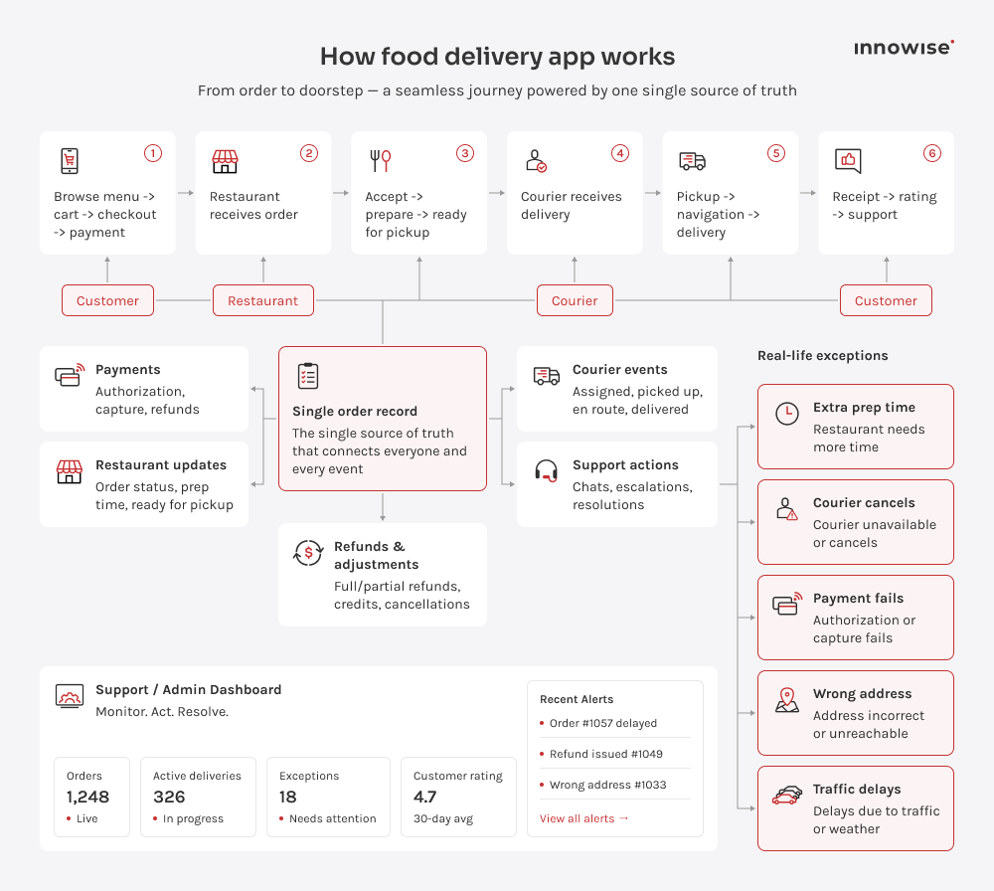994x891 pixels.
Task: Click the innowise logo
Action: click(904, 48)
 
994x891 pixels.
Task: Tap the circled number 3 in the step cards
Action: click(464, 153)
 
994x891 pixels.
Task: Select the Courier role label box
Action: click(575, 300)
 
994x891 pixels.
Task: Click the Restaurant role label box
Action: click(263, 300)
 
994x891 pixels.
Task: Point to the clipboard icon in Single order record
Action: click(308, 376)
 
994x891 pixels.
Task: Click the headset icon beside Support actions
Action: click(546, 471)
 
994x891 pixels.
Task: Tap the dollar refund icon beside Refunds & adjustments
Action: click(308, 553)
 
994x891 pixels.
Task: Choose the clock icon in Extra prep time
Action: click(787, 414)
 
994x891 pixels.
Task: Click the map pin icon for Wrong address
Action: click(786, 700)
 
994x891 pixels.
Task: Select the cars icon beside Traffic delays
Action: click(786, 796)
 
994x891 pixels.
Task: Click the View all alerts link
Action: click(583, 818)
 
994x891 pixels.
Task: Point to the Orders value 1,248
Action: click(87, 798)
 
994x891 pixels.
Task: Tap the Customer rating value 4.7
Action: click(424, 798)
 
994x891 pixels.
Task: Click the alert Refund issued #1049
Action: click(606, 754)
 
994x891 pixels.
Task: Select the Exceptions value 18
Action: click(288, 798)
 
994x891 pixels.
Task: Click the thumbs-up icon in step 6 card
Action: click(848, 161)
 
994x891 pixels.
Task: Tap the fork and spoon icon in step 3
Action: click(381, 160)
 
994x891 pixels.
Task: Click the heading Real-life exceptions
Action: click(823, 356)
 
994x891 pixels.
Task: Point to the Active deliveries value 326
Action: click(169, 798)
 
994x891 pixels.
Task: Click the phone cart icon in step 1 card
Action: click(70, 160)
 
